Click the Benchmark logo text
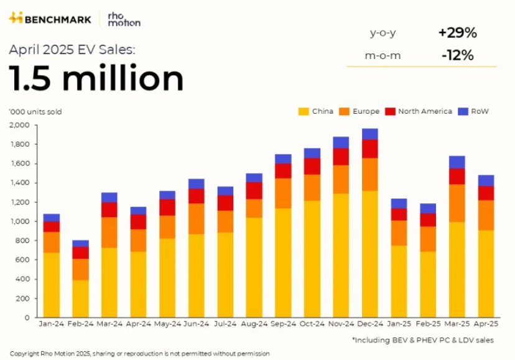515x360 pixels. [x=57, y=19]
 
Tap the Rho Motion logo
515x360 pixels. [x=124, y=19]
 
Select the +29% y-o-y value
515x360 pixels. [x=457, y=33]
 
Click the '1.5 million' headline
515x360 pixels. [x=96, y=79]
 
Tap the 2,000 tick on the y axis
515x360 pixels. [x=20, y=125]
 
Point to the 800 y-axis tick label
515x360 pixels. [x=23, y=241]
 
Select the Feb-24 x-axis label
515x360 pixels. [x=80, y=325]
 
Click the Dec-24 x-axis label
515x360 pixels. [x=369, y=325]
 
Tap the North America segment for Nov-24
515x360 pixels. [x=341, y=157]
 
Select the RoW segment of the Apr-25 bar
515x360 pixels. [x=486, y=181]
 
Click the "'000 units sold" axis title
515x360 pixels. [x=35, y=112]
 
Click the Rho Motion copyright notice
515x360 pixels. [x=140, y=353]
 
